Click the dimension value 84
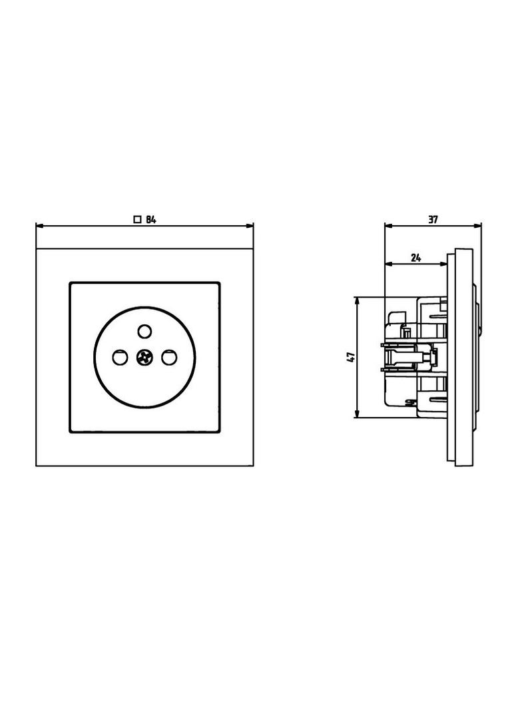(150, 220)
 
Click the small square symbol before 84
(138, 220)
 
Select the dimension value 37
(433, 220)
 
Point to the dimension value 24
(416, 258)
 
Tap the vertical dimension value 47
(350, 357)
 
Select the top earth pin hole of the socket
(144, 332)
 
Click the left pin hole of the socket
(120, 357)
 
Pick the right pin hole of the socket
(169, 357)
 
